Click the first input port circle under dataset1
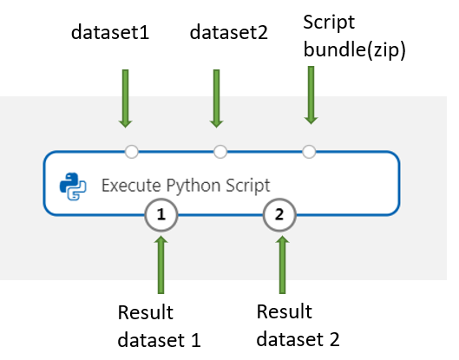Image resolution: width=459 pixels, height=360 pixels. coord(132,152)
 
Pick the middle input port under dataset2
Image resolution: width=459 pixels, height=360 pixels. coord(220,152)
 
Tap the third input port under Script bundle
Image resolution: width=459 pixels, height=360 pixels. coord(309,152)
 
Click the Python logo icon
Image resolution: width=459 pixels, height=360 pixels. coord(70,185)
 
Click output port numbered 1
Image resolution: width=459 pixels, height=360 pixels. coord(161,213)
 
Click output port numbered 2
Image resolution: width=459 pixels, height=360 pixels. coord(279,213)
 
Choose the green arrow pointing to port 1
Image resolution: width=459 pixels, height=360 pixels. coord(161,265)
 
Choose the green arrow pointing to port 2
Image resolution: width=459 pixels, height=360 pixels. coord(279,265)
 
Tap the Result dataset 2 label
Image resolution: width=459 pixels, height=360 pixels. coord(298,323)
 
